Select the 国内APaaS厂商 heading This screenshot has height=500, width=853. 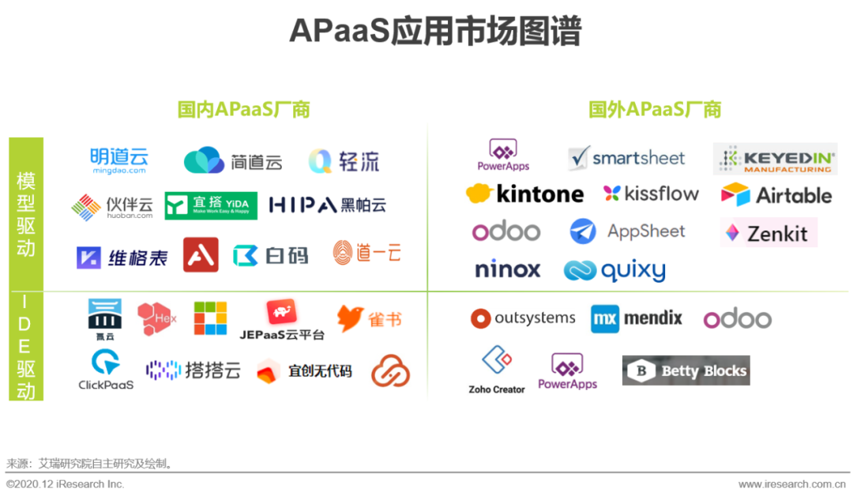[243, 109]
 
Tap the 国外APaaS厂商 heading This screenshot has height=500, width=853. [655, 109]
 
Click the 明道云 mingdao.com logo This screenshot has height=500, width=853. [118, 160]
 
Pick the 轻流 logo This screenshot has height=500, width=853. [344, 162]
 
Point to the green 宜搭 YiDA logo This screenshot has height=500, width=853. [211, 205]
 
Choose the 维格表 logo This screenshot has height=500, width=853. [122, 258]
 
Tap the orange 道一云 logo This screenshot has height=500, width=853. [367, 253]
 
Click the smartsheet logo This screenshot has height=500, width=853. [627, 158]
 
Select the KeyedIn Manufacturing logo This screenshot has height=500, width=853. [775, 159]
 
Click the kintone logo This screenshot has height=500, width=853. [525, 194]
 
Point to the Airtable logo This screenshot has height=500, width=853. [776, 195]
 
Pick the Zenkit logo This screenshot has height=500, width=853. [768, 233]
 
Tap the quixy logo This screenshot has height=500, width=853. [614, 271]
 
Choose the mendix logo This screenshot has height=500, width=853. [637, 318]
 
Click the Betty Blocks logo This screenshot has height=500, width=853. [686, 370]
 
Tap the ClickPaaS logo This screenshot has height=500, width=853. [106, 370]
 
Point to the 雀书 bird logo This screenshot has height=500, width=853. [369, 318]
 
